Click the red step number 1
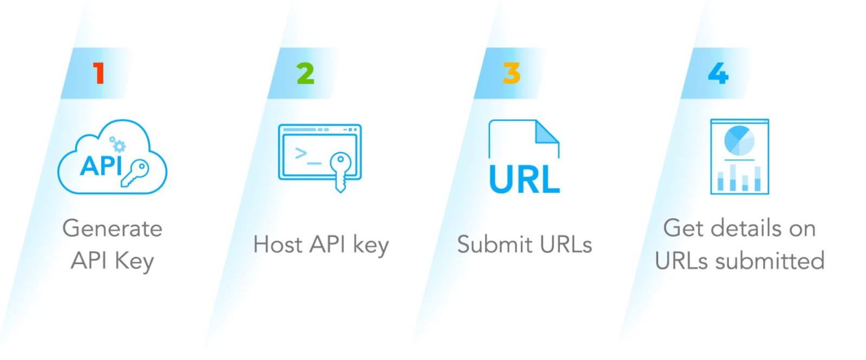[99, 73]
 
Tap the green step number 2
[305, 74]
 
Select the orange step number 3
[511, 73]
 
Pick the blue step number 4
[718, 73]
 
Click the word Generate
[112, 228]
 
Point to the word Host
[278, 244]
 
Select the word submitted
[770, 261]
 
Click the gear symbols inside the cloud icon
[117, 144]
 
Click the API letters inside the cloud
[101, 166]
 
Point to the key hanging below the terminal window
[340, 171]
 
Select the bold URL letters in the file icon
[524, 180]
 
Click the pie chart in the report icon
[739, 140]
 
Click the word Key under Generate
[134, 261]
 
